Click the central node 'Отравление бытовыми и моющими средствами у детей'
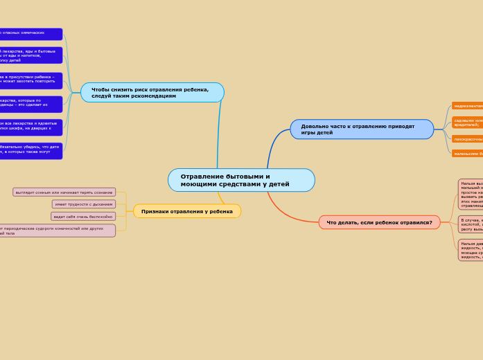pos(241,181)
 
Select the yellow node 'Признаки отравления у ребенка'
pos(187,211)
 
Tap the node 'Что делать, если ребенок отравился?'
pos(379,222)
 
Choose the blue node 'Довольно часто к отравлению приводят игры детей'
pos(362,129)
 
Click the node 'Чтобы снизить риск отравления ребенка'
pos(152,93)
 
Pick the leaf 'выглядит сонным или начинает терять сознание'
pos(64,192)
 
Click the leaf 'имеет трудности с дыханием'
pos(84,204)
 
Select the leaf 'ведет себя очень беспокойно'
pos(83,217)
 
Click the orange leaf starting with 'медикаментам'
pos(468,106)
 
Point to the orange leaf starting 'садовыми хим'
pos(468,122)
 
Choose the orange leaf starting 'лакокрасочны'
pos(468,139)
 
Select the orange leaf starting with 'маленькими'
pos(468,154)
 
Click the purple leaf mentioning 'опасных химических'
pos(31,33)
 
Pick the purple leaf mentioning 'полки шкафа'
pos(31,127)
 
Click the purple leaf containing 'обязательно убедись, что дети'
pos(31,151)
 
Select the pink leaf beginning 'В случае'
pos(471,224)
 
